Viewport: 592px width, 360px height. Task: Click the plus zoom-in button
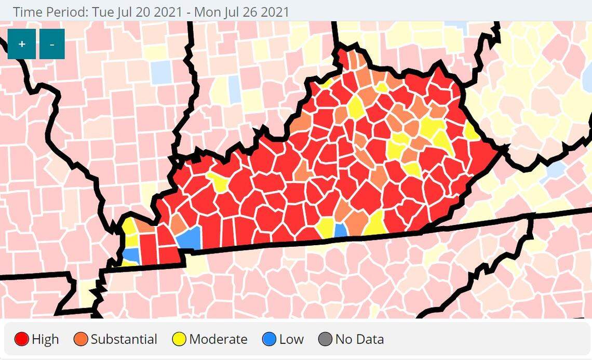coord(22,44)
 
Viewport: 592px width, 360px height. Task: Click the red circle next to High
coord(22,340)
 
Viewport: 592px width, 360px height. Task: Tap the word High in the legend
coord(45,340)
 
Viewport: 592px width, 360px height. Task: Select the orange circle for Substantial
coord(81,340)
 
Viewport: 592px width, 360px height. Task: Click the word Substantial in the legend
coord(124,340)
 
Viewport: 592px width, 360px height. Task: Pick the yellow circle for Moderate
coord(179,340)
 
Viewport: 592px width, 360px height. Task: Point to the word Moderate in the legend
coord(218,340)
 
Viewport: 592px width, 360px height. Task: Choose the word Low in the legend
coord(291,340)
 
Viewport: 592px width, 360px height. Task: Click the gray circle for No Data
coord(325,340)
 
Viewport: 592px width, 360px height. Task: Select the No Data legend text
coord(359,340)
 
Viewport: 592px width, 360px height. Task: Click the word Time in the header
coord(25,11)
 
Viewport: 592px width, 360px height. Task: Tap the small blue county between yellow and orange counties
coord(341,231)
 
